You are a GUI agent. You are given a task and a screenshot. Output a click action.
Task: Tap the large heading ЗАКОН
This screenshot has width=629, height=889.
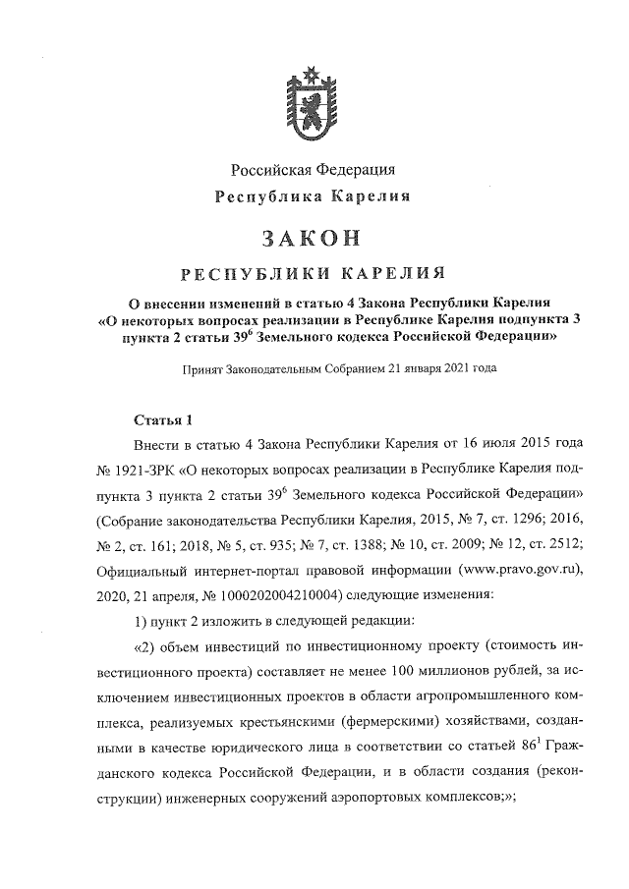[314, 237]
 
